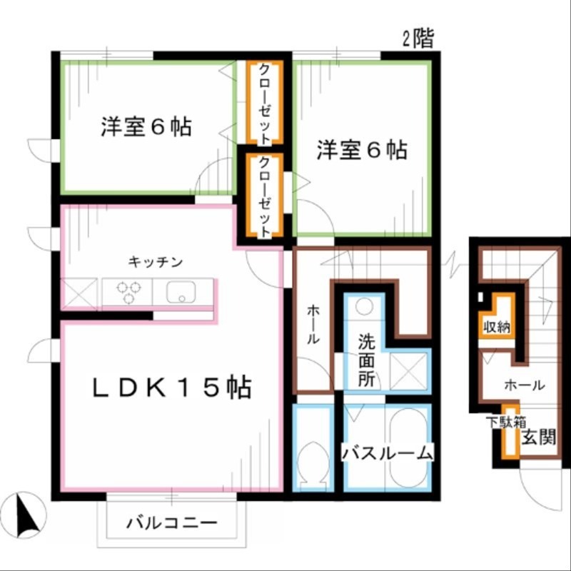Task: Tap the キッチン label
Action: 156,262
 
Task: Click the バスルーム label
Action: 388,453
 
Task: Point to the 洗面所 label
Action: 366,360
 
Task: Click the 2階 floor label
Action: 418,39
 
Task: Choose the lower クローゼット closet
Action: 264,196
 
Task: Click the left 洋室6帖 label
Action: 146,127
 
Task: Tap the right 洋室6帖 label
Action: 362,150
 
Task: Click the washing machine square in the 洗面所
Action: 409,370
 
